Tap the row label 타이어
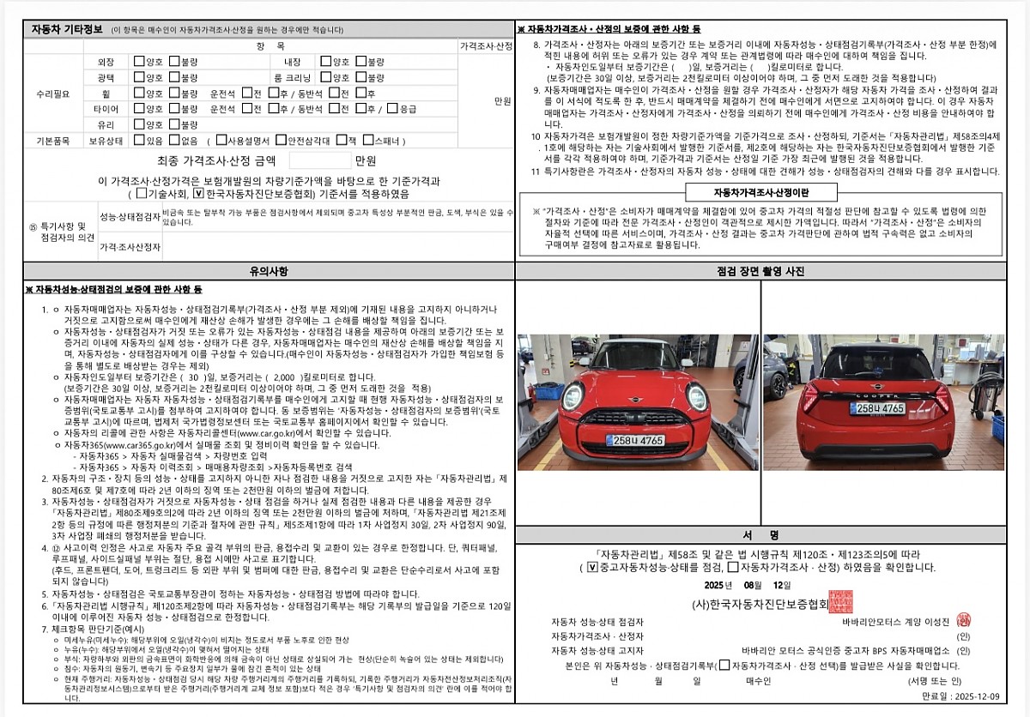click(x=106, y=109)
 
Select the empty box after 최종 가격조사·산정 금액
click(x=320, y=160)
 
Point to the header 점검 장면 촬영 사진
click(x=760, y=271)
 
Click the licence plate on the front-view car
click(x=635, y=440)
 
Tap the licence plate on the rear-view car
click(x=876, y=408)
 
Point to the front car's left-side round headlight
click(x=573, y=396)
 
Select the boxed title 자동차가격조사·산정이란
click(x=761, y=192)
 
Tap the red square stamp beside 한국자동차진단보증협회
click(x=841, y=601)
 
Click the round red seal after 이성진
click(x=963, y=619)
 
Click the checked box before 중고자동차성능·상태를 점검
click(x=591, y=567)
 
